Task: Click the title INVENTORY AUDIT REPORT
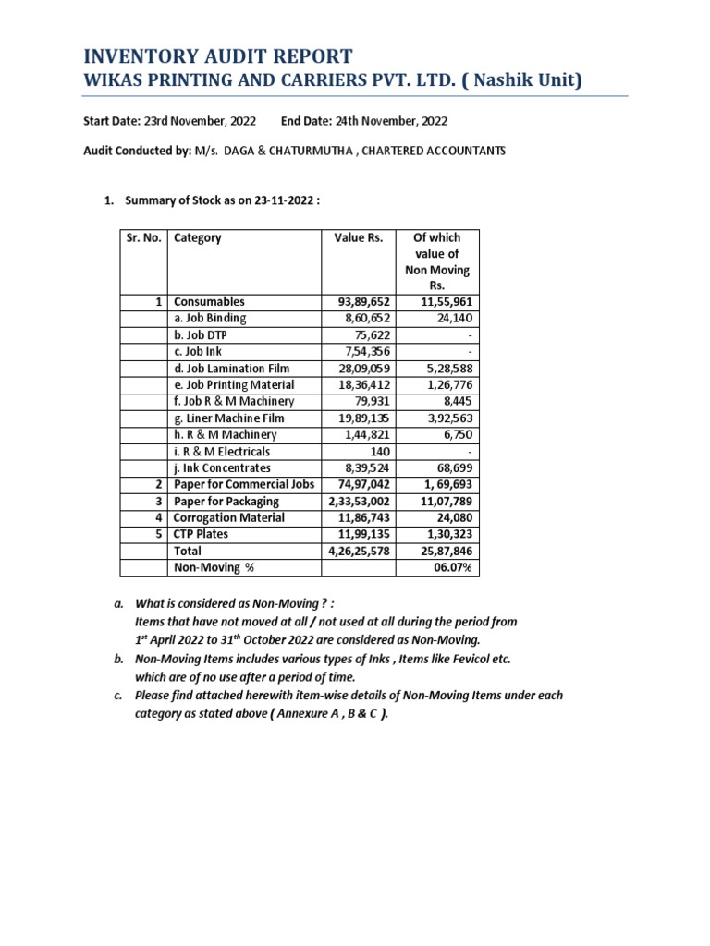click(218, 55)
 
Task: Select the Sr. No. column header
click(143, 237)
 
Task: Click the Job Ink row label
click(198, 352)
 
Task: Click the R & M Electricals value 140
click(380, 451)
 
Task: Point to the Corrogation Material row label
click(229, 517)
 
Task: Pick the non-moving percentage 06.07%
click(452, 567)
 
